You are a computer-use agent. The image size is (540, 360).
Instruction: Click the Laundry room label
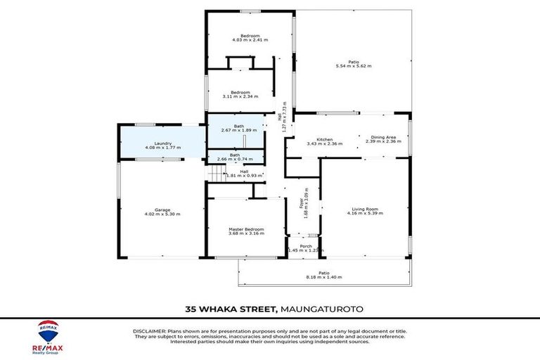pos(153,143)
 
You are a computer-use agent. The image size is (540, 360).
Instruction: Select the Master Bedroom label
pos(246,229)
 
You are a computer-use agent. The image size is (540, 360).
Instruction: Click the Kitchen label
pos(324,139)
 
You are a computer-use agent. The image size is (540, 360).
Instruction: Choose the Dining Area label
pos(383,137)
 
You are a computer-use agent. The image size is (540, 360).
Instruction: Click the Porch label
pos(305,246)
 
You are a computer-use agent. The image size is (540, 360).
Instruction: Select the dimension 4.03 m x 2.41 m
pos(250,40)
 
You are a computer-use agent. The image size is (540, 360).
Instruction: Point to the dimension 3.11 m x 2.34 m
pos(240,96)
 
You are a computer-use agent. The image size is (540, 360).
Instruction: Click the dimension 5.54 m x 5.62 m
pos(353,65)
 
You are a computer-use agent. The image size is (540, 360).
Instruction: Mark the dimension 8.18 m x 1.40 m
pos(323,277)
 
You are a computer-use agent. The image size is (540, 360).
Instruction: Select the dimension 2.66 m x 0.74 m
pos(234,159)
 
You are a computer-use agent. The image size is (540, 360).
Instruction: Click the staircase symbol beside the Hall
pos(214,174)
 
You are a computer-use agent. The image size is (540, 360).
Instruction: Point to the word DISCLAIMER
pos(149,330)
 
